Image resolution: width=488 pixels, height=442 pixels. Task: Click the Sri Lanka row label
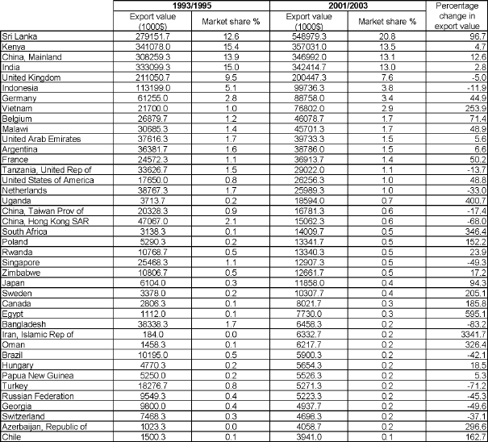(17, 37)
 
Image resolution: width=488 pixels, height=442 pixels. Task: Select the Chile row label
(11, 436)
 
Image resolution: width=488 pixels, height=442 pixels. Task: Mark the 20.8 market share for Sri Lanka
(394, 37)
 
